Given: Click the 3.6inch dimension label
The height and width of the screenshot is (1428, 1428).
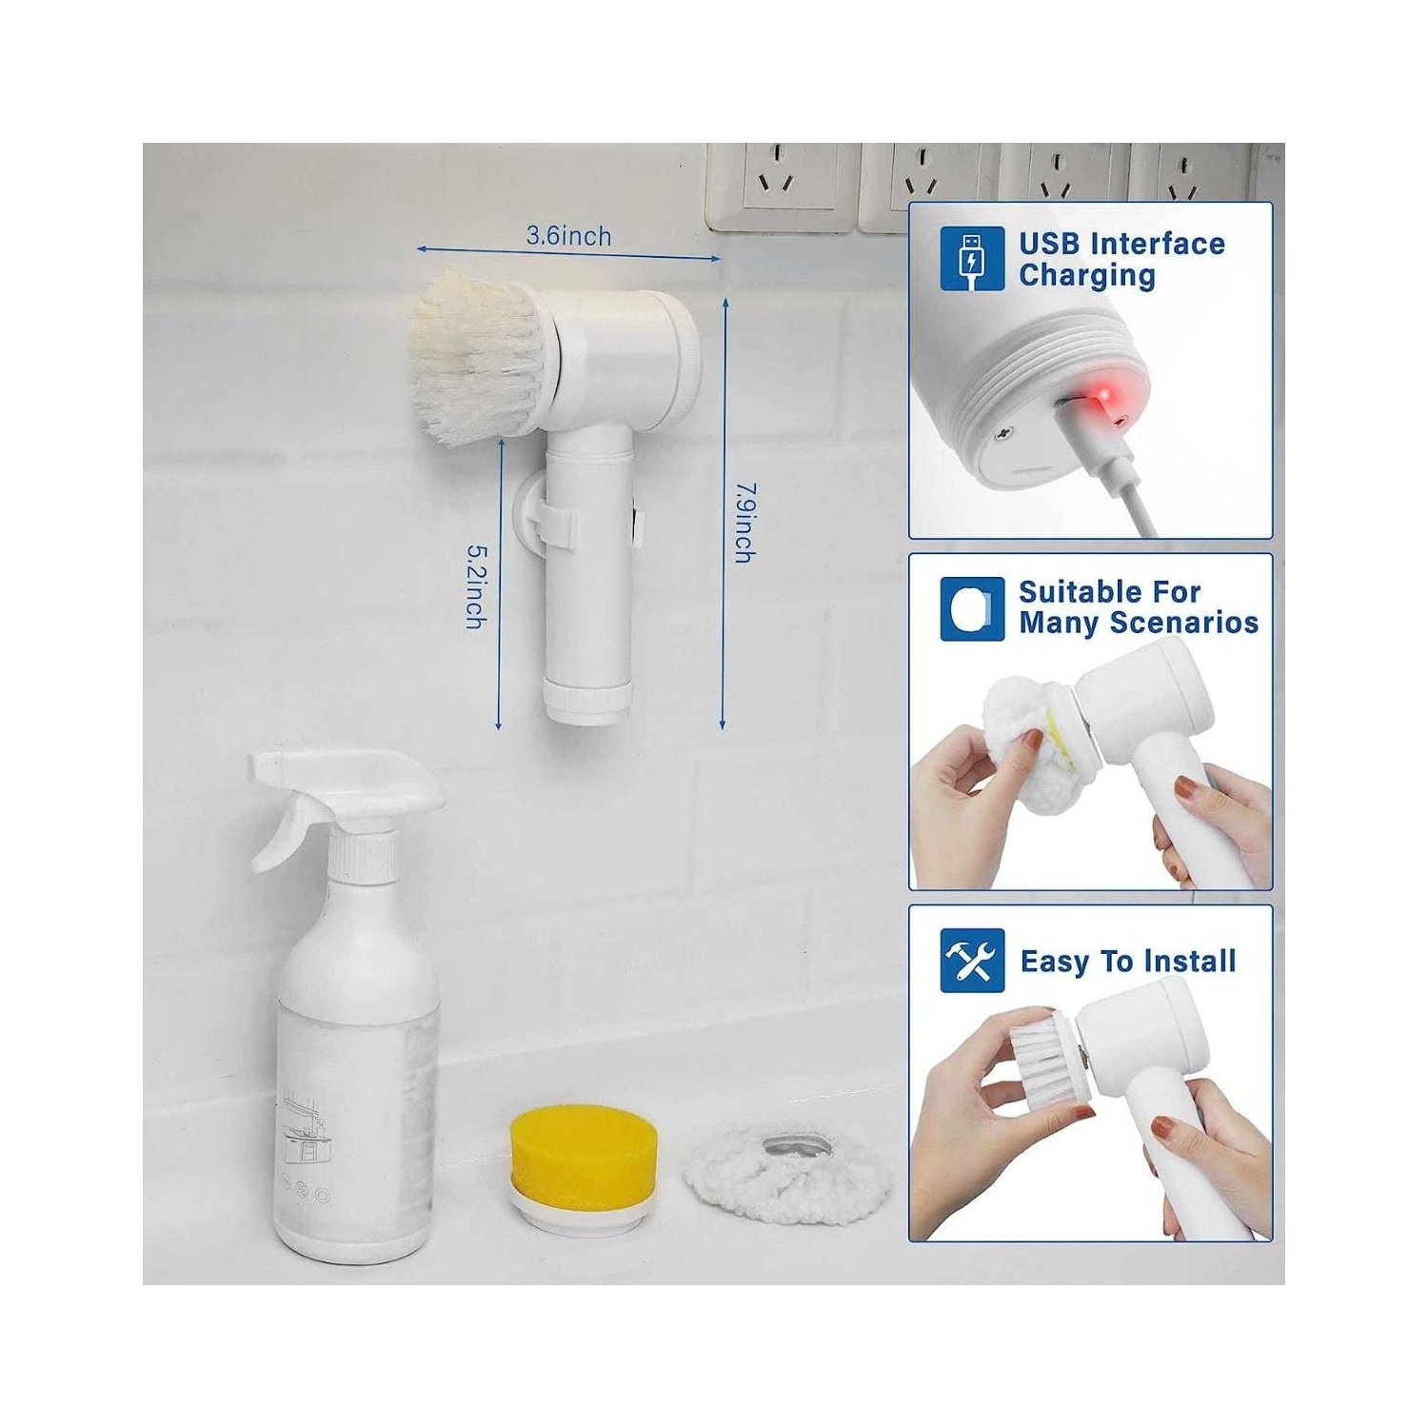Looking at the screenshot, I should click(568, 236).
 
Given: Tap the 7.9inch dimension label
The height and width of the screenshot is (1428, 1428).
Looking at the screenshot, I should click(745, 523).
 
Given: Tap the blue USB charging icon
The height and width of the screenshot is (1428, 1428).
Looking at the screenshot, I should click(971, 258).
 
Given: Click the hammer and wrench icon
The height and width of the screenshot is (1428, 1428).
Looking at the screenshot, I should click(971, 961).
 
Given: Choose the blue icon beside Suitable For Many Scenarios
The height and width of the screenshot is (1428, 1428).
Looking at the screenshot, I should click(971, 608).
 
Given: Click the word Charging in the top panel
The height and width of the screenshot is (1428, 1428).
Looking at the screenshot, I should click(1086, 276).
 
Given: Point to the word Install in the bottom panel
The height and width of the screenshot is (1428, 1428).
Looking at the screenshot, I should click(1191, 962).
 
